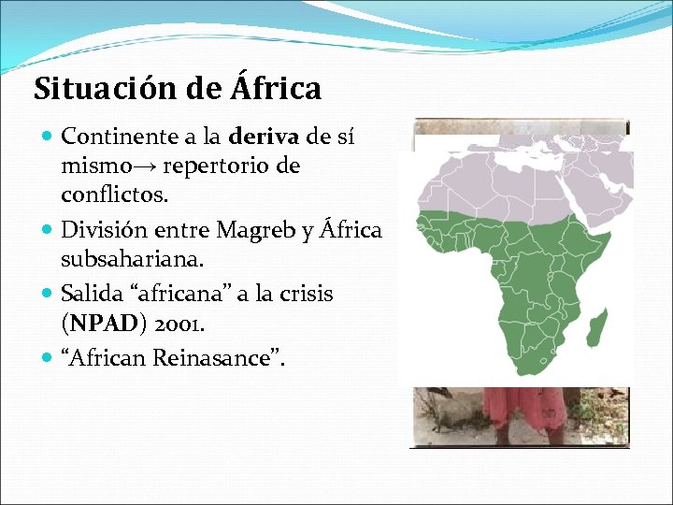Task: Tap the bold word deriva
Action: coord(264,137)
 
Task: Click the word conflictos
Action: coord(114,196)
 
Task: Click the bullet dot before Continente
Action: coord(49,137)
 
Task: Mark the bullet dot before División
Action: coord(49,228)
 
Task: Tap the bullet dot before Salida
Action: coord(49,294)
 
